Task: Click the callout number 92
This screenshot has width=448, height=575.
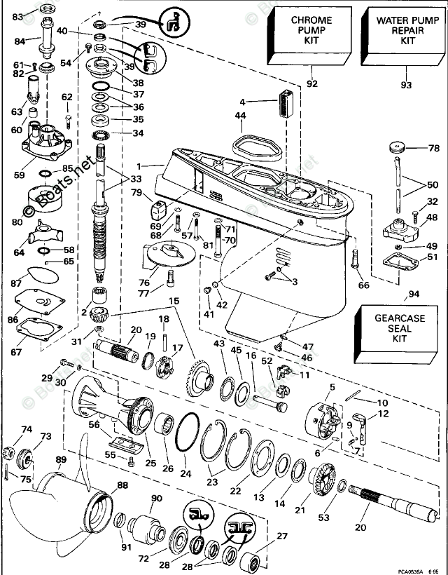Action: pos(312,84)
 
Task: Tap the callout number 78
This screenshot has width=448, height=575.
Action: pos(433,148)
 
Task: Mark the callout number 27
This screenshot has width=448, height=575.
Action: pos(281,537)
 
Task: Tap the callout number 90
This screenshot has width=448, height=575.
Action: pos(156,499)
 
